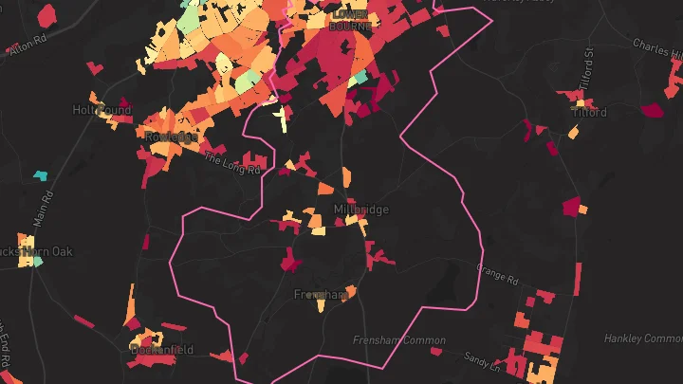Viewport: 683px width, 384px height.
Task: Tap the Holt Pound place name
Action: pyautogui.click(x=102, y=110)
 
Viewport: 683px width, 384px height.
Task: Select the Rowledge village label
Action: pyautogui.click(x=172, y=137)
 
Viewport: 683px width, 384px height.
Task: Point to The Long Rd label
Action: pyautogui.click(x=231, y=163)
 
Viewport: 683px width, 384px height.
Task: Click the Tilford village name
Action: pyautogui.click(x=589, y=112)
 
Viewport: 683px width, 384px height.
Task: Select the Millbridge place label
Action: pyautogui.click(x=361, y=210)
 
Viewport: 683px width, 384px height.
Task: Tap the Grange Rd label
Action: pyautogui.click(x=497, y=275)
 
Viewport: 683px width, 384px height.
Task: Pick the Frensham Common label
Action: pyautogui.click(x=398, y=340)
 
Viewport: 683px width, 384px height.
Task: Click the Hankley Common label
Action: pyautogui.click(x=643, y=338)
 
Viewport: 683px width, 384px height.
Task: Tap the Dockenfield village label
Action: pyautogui.click(x=161, y=350)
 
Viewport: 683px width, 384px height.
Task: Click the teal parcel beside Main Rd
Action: pyautogui.click(x=41, y=174)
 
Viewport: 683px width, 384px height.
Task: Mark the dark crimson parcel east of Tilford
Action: pyautogui.click(x=653, y=110)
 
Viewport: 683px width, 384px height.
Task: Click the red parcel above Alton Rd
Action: pyautogui.click(x=47, y=15)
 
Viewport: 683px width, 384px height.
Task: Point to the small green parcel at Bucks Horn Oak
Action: pyautogui.click(x=37, y=261)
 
